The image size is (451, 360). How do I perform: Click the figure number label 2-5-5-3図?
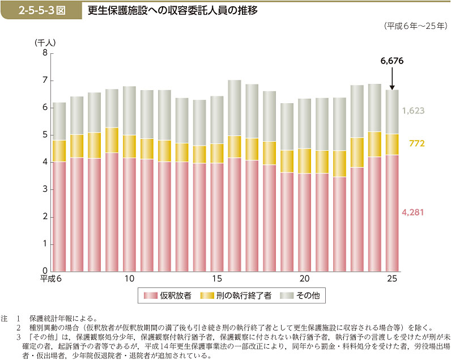pos(40,11)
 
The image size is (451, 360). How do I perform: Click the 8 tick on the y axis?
pos(45,53)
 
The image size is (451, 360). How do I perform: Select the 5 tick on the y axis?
pos(45,135)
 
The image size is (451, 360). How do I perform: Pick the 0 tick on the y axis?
pos(45,272)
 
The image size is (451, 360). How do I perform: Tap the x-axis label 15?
pos(217,279)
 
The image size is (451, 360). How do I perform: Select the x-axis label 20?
pos(304,279)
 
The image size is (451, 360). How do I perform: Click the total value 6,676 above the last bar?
pos(392,60)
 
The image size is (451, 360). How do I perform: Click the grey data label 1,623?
pos(413,111)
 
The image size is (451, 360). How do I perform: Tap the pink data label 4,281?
pos(413,212)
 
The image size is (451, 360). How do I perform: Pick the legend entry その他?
pos(307,296)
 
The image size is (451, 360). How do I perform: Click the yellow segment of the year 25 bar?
pos(392,145)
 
